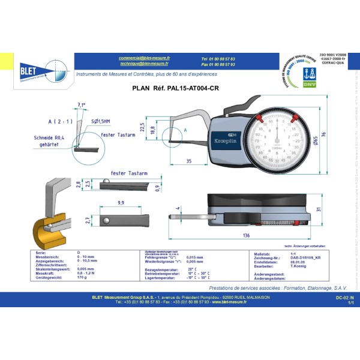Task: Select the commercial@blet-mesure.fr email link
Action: (145, 57)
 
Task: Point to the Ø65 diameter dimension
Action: (314, 140)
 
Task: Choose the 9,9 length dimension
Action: (121, 203)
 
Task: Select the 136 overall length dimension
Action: (247, 235)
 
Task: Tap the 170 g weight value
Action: (82, 278)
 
